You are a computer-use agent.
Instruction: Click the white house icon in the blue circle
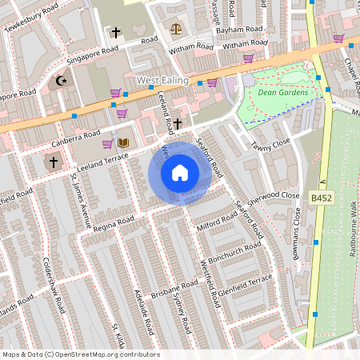pyautogui.click(x=180, y=173)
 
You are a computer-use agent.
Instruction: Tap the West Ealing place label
pyautogui.click(x=162, y=81)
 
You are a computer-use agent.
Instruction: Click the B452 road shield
pyautogui.click(x=321, y=197)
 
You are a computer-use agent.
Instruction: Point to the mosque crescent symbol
pyautogui.click(x=61, y=80)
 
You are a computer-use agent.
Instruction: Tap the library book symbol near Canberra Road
pyautogui.click(x=123, y=143)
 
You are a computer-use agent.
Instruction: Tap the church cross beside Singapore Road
pyautogui.click(x=116, y=33)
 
